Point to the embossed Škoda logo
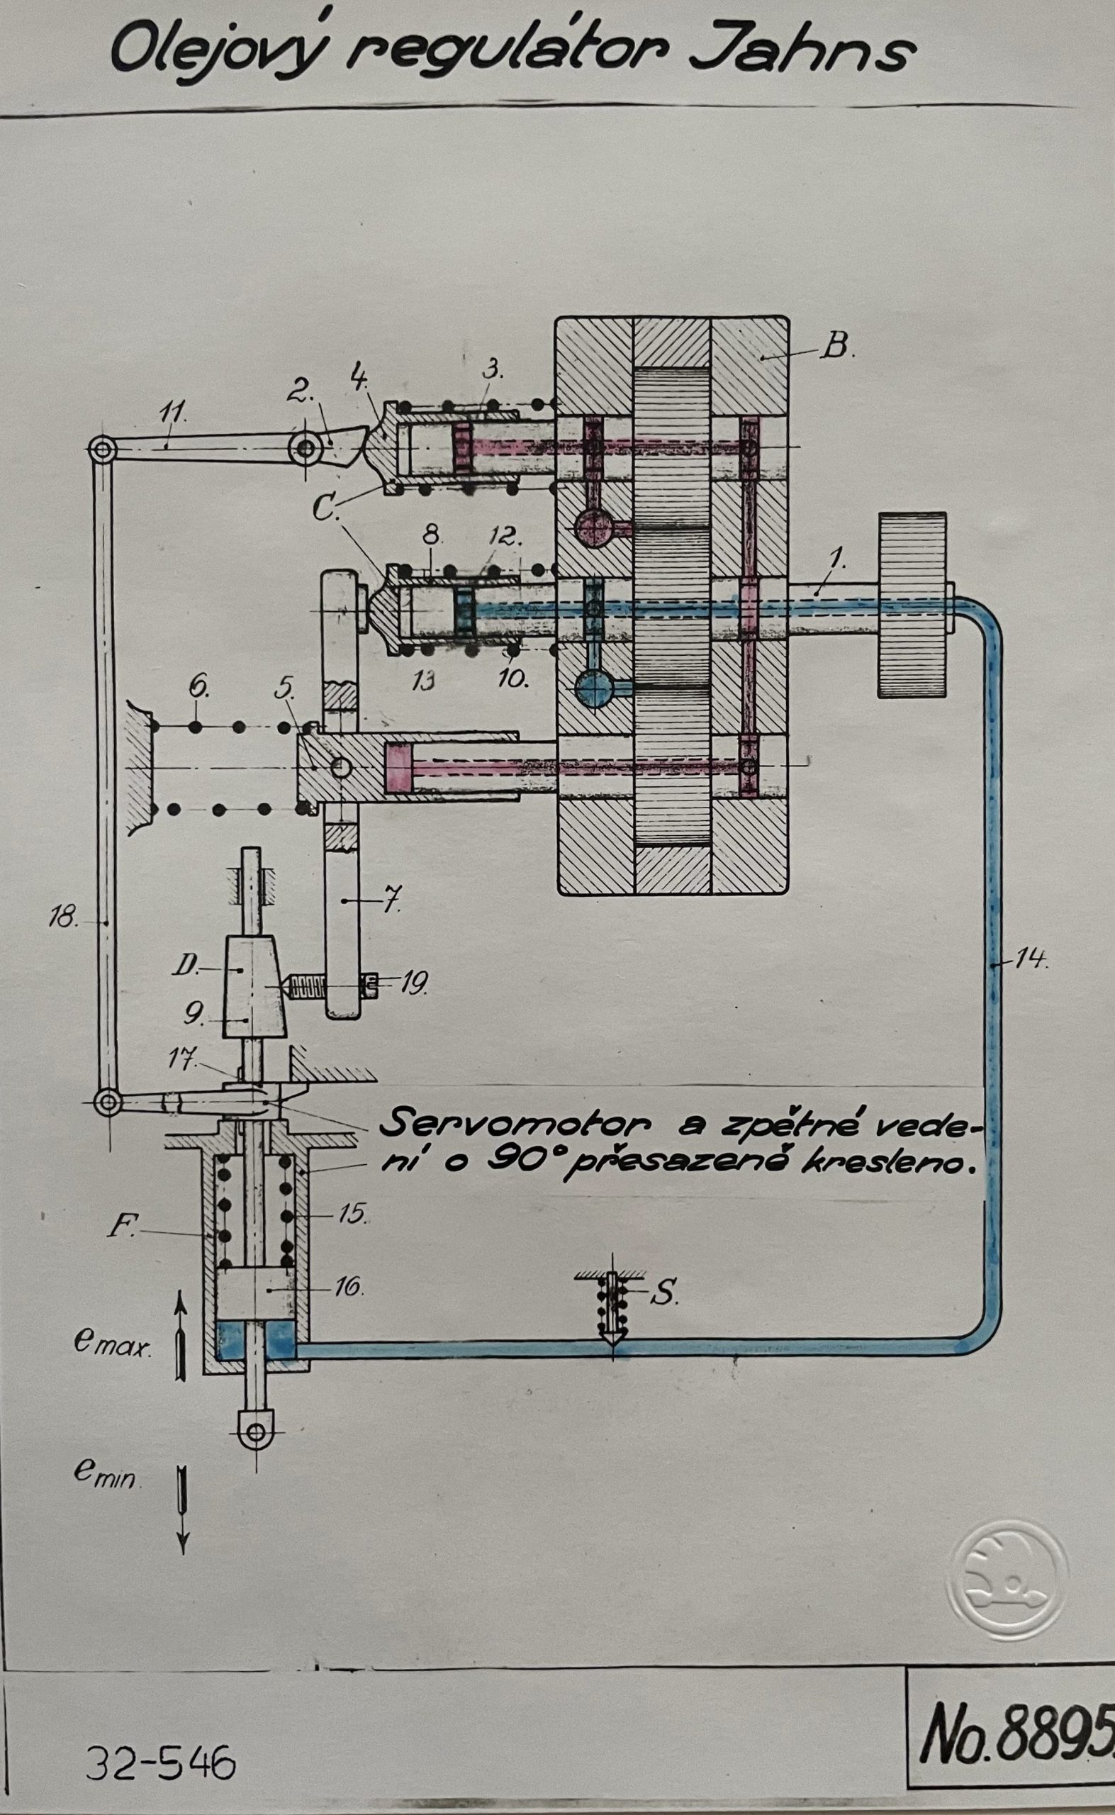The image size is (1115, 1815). click(x=1007, y=1584)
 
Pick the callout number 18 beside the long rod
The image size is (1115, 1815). click(x=65, y=918)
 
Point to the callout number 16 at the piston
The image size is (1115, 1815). click(x=349, y=1286)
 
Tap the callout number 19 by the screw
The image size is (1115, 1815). click(x=414, y=985)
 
